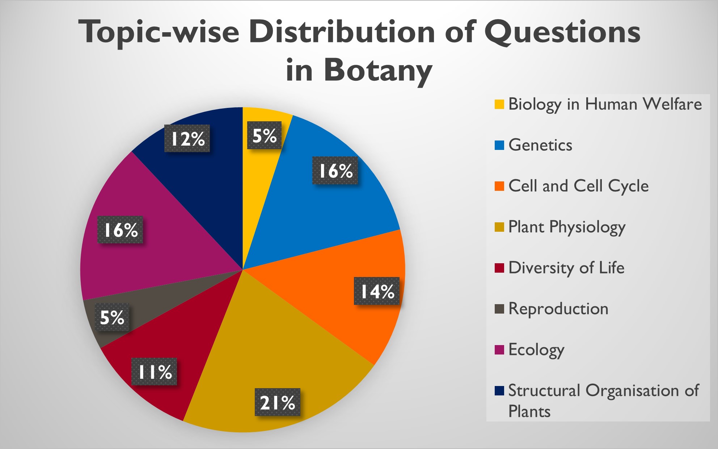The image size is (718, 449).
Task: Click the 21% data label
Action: [x=277, y=402]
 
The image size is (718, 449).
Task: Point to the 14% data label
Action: [x=377, y=291]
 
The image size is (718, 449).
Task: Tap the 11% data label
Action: [x=154, y=372]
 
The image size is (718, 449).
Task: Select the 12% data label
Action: [x=187, y=139]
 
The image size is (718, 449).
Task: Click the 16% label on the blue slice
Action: [x=335, y=171]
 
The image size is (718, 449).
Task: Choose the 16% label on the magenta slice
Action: [x=120, y=230]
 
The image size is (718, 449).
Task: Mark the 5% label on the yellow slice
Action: [x=264, y=135]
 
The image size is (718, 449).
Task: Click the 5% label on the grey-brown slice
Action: [x=112, y=317]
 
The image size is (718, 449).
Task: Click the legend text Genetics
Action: [x=540, y=145]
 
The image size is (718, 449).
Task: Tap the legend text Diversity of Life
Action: [x=566, y=268]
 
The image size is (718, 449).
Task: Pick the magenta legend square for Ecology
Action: [x=499, y=350]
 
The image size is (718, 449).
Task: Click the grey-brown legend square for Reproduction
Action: [x=499, y=309]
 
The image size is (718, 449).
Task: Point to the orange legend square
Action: [x=499, y=186]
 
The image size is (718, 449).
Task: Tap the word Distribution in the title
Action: [x=342, y=32]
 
